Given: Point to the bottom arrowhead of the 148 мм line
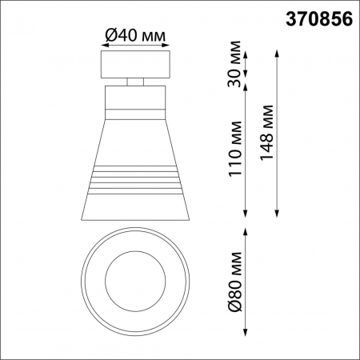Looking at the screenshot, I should point(277,214).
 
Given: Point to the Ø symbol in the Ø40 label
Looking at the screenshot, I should point(111,34).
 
